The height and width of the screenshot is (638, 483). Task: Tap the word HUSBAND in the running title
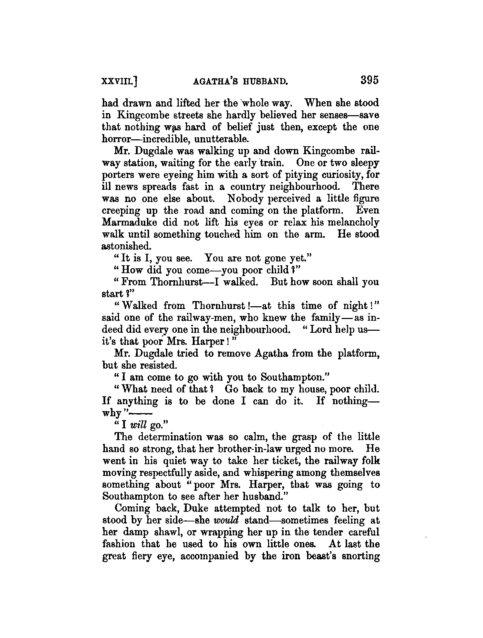point(262,81)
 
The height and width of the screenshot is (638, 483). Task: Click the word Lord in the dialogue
point(322,329)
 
